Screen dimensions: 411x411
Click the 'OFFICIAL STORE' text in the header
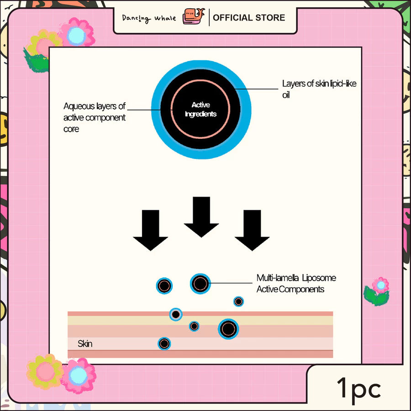coord(249,18)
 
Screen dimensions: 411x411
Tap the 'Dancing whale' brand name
coord(149,18)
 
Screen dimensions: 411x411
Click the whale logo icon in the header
coord(193,17)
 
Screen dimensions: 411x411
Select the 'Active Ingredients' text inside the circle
coord(200,110)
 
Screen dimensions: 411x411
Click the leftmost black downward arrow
coord(150,230)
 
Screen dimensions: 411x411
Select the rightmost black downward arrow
coord(252,230)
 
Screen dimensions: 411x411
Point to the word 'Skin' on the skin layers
coord(85,343)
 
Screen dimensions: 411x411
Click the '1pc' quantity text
coord(359,389)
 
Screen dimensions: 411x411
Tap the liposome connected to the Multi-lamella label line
coord(200,284)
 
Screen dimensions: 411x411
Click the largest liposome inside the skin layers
coord(228,328)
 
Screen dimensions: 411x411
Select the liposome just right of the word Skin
coord(164,343)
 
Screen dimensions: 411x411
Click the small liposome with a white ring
coord(175,314)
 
